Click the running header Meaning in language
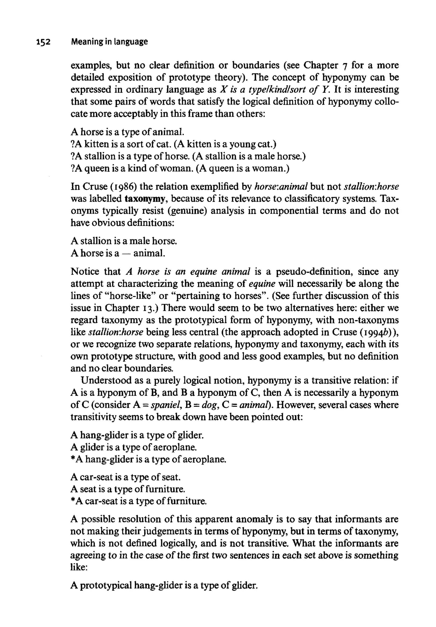tap(109, 42)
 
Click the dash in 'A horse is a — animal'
tap(126, 253)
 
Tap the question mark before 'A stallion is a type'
tap(73, 156)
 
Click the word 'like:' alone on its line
tap(79, 567)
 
